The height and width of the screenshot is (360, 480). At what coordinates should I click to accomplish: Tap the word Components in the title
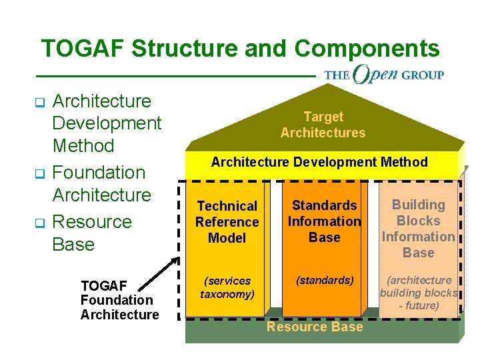click(x=367, y=49)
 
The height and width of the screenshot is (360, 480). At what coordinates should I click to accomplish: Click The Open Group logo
click(x=384, y=74)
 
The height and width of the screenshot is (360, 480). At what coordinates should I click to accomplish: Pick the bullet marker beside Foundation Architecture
click(x=38, y=174)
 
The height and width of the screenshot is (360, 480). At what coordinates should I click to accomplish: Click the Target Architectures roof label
click(x=323, y=125)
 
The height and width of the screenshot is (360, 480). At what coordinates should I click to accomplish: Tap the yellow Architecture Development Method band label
click(x=319, y=162)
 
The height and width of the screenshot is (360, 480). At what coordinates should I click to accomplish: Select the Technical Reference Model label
click(x=227, y=222)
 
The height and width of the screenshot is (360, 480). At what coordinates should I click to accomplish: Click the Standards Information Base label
click(x=325, y=221)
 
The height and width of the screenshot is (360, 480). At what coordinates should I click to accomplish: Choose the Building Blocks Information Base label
click(x=418, y=229)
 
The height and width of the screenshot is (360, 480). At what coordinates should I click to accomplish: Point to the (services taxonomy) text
click(x=227, y=287)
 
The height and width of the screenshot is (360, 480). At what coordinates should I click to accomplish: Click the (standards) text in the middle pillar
click(x=325, y=281)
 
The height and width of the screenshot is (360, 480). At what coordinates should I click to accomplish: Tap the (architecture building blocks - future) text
click(x=419, y=293)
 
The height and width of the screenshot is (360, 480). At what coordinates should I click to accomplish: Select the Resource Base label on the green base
click(x=315, y=327)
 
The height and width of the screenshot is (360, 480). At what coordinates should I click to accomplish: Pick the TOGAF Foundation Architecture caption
click(x=119, y=300)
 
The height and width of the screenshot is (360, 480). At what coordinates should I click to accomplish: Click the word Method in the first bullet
click(x=83, y=145)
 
